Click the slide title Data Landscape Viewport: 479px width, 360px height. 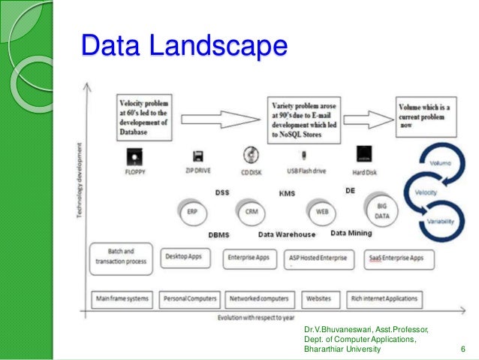(x=184, y=46)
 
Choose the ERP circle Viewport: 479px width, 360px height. (x=193, y=212)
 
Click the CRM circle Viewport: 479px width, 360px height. (x=252, y=212)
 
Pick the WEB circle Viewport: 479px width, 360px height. (x=322, y=212)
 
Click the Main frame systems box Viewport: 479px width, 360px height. (x=122, y=298)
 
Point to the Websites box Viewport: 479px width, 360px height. (x=318, y=298)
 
